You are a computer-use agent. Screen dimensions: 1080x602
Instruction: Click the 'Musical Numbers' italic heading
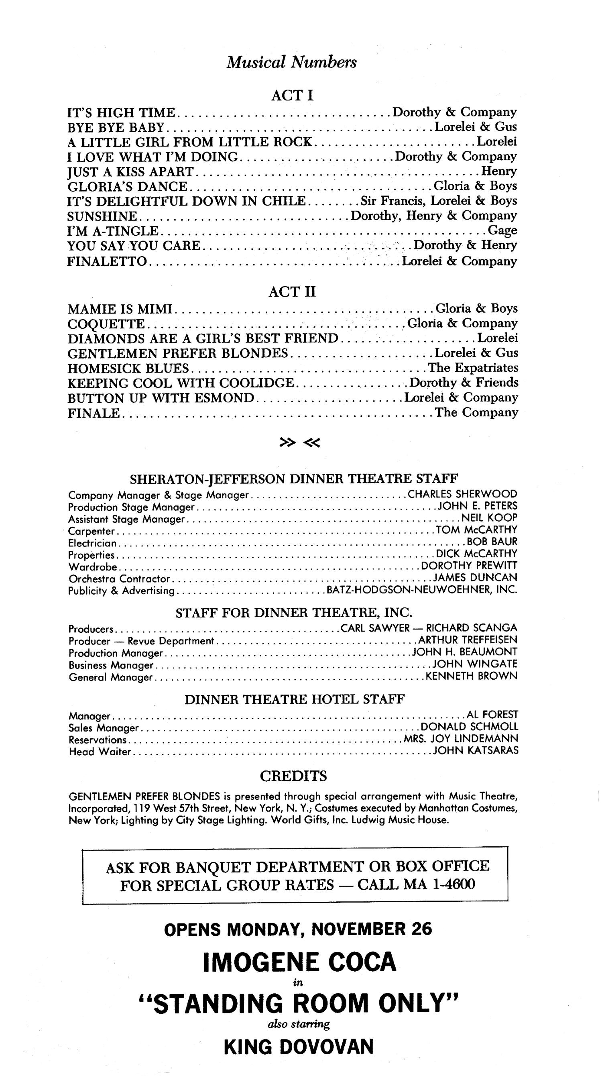[291, 63]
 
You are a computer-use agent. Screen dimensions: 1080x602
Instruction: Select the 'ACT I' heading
[292, 96]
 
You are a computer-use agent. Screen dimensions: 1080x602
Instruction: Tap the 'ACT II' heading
[292, 292]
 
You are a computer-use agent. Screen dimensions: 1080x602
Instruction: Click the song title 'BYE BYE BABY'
[116, 127]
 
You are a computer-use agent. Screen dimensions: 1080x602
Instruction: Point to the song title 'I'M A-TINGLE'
[113, 230]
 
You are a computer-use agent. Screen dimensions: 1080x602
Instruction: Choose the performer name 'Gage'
[502, 230]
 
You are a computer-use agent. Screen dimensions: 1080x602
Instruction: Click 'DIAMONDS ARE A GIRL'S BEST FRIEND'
[203, 338]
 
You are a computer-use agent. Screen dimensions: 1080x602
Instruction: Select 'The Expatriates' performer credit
[473, 368]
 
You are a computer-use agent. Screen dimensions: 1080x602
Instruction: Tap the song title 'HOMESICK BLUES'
[128, 368]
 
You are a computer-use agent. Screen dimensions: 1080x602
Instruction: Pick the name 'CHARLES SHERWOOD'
[462, 494]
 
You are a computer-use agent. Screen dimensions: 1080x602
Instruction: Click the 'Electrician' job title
[92, 543]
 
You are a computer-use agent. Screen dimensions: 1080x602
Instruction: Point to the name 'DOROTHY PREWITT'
[469, 566]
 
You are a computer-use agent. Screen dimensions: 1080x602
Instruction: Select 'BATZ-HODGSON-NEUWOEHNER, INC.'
[422, 590]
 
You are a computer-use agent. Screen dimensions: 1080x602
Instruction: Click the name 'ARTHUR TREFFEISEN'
[468, 640]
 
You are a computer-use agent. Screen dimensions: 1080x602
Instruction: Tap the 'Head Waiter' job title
[100, 752]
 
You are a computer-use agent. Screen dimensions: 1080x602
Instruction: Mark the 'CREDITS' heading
[293, 776]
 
